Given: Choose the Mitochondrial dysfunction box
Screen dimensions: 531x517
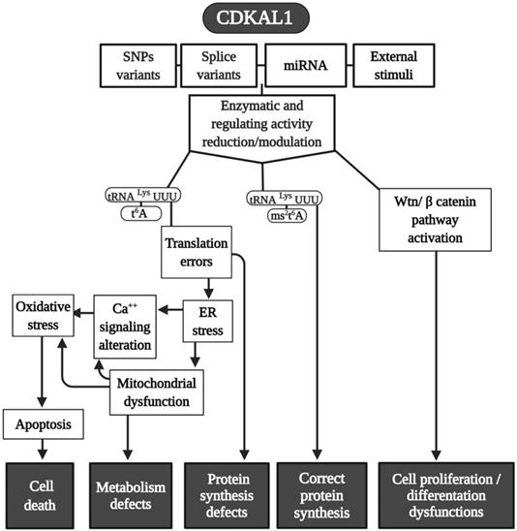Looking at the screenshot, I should tap(159, 390).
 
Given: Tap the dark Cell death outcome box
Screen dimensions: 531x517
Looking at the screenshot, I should tap(41, 494).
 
